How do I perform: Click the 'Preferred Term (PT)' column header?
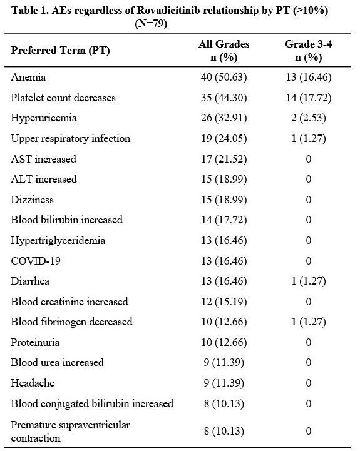[x=60, y=51]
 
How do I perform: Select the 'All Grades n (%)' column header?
[x=224, y=51]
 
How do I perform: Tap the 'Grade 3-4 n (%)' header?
[x=309, y=51]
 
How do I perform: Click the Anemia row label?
[x=28, y=77]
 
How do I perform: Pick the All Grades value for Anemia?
[x=224, y=77]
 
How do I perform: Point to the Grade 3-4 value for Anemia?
[x=309, y=77]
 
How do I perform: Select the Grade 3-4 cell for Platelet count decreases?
[x=309, y=98]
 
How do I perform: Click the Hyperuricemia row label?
[x=44, y=118]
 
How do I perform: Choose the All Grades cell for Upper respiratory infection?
[x=224, y=139]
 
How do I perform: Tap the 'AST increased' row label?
[x=43, y=159]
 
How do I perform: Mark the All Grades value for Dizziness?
[x=224, y=200]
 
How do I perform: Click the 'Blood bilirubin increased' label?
[x=67, y=220]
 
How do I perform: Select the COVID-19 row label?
[x=36, y=261]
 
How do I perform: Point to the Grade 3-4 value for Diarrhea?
[x=309, y=281]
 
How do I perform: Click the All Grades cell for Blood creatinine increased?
[x=224, y=302]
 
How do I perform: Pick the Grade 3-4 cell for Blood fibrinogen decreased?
[x=309, y=322]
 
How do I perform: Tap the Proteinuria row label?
[x=35, y=342]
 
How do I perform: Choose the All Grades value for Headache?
[x=224, y=383]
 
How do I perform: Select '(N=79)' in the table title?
[x=151, y=23]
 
